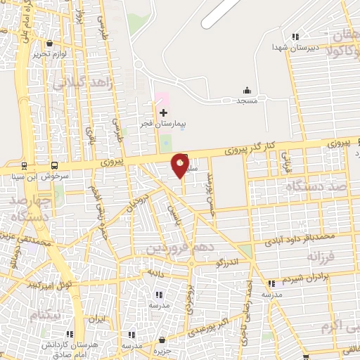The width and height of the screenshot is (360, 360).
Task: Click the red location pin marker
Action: [180, 165]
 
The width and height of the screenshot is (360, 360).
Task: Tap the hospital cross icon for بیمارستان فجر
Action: [163, 112]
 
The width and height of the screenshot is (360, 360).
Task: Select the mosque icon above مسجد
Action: [247, 90]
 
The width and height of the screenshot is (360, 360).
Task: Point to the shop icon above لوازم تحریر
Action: [49, 42]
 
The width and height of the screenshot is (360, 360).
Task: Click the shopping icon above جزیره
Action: [163, 340]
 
